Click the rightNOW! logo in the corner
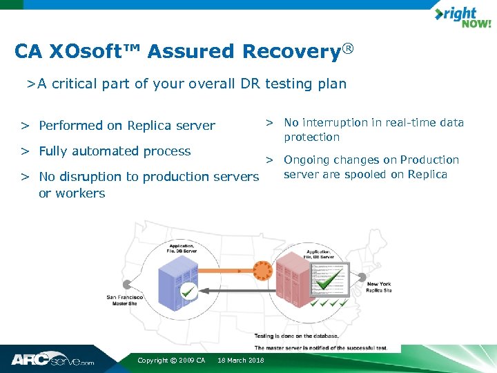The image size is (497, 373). (462, 17)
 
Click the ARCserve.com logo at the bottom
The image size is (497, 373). (52, 360)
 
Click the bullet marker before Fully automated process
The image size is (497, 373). (24, 151)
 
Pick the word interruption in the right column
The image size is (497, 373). (334, 123)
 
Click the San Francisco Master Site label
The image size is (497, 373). (125, 300)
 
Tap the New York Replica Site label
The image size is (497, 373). (379, 287)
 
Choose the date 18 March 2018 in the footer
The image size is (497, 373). (240, 361)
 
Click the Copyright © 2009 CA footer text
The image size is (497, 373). (171, 361)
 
